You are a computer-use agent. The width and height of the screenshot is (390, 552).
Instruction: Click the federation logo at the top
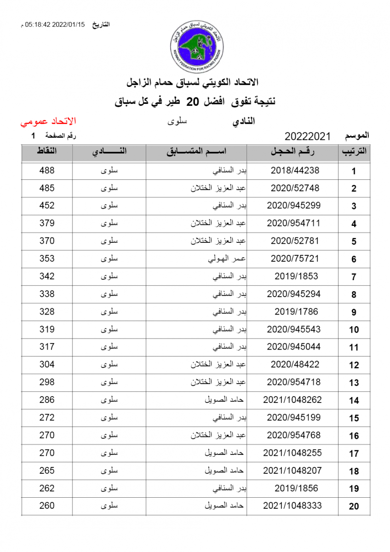[x=195, y=46]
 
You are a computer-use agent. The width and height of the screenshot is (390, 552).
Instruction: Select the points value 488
[x=47, y=170]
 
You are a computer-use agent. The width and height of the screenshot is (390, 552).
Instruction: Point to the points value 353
[x=47, y=259]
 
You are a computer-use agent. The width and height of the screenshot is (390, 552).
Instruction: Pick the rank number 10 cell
[x=354, y=330]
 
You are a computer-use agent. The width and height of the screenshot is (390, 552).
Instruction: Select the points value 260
[x=47, y=506]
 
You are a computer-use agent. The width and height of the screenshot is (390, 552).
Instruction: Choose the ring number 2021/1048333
[x=292, y=506]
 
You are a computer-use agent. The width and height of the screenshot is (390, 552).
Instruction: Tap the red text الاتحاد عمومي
[x=48, y=122]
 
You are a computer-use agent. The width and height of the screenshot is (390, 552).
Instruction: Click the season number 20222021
[x=308, y=136]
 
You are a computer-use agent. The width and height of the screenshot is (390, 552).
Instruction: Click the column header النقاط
[x=47, y=152]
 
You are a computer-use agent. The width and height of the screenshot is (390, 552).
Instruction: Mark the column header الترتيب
[x=354, y=152]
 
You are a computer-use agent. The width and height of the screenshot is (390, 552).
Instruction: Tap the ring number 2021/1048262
[x=292, y=400]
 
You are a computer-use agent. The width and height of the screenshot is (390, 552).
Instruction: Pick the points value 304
[x=47, y=364]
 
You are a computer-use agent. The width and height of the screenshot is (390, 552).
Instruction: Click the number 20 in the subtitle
[x=195, y=102]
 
